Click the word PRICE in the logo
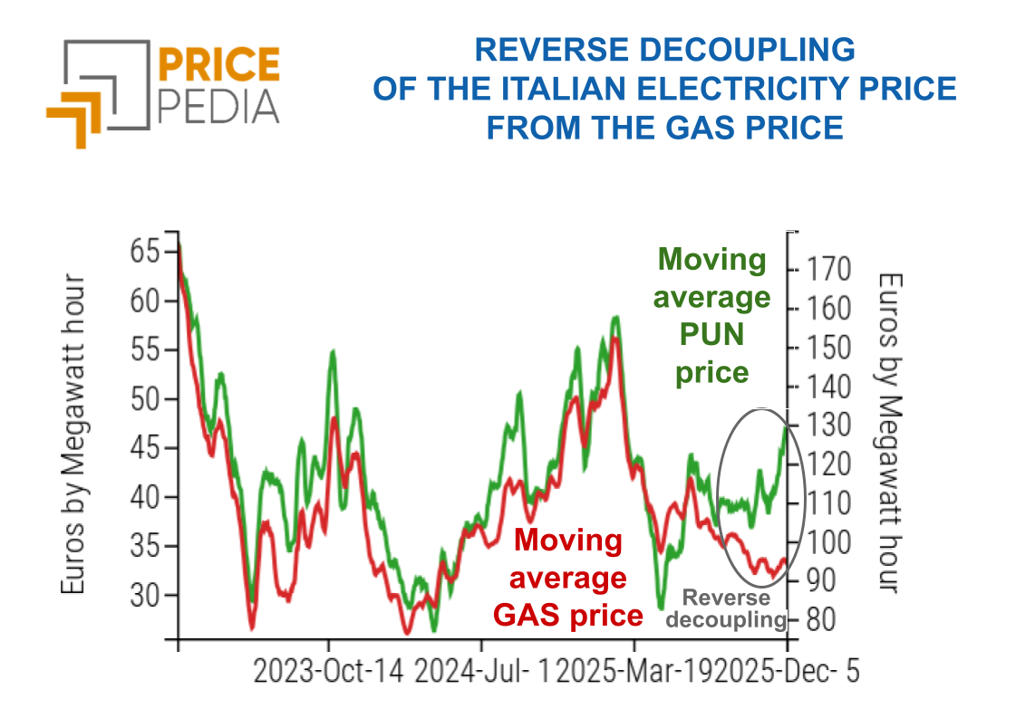coord(220,64)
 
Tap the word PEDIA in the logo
coord(218,106)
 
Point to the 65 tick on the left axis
coord(144,251)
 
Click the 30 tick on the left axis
coord(144,595)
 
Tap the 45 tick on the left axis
coord(144,447)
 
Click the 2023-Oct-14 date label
coord(329,673)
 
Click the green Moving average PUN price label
coord(713,316)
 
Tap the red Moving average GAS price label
coord(568,579)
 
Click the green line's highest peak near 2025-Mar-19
coord(616,318)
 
